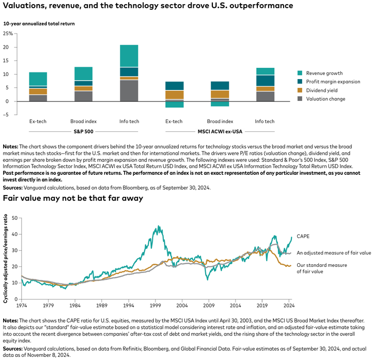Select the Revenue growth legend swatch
tap(300, 73)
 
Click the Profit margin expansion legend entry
tap(333, 82)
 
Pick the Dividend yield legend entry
tap(323, 90)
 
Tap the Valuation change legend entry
tap(326, 99)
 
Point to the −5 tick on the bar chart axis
tap(9, 115)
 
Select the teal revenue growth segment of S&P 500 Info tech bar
tap(129, 56)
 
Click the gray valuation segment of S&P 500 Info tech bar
tap(129, 91)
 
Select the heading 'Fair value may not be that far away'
tap(73, 198)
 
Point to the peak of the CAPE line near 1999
tap(158, 227)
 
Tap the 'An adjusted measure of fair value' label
tap(334, 253)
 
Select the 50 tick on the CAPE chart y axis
tap(14, 218)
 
